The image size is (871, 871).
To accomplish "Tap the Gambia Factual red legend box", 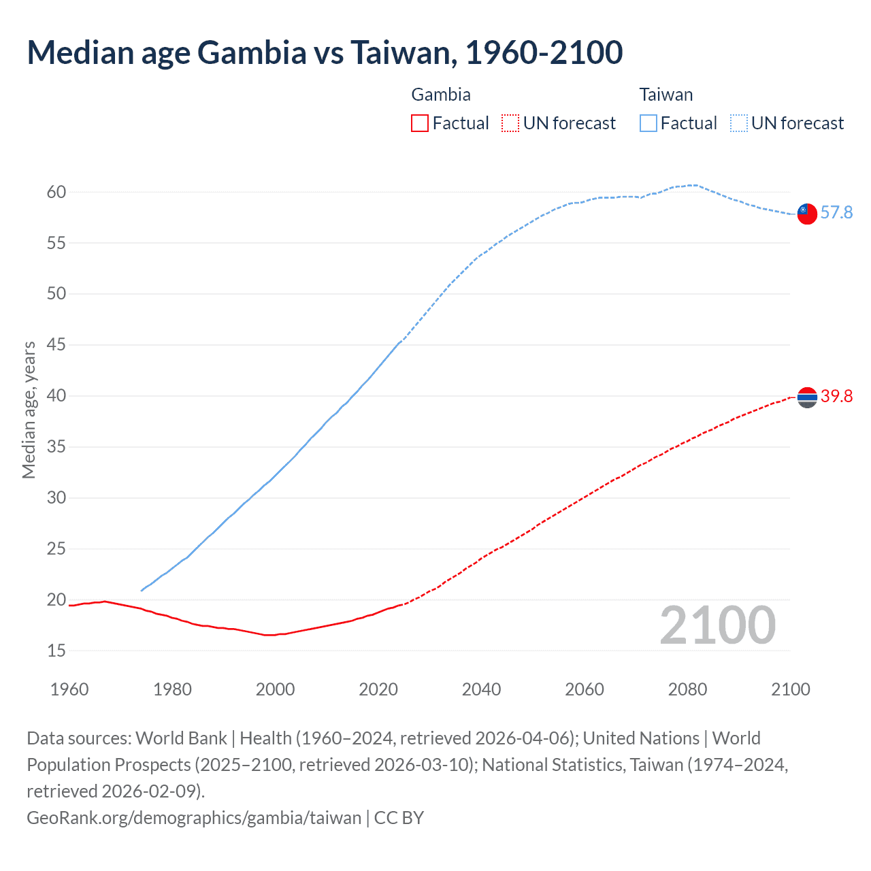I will click(420, 123).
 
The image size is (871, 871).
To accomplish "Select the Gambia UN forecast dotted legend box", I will click(510, 123).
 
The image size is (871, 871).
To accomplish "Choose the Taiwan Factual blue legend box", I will click(648, 123).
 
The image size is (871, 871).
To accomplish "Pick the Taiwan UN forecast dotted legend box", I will click(739, 123).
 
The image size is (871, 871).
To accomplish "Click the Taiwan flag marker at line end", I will click(807, 213).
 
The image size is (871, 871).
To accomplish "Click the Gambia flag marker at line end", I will click(807, 397).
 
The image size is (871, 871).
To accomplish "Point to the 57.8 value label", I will click(836, 213).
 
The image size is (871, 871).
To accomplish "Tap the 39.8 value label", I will click(836, 397).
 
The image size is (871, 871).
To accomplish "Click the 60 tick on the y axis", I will click(56, 193).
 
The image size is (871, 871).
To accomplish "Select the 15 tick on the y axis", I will click(56, 651).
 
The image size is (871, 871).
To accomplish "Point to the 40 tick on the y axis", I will click(56, 396).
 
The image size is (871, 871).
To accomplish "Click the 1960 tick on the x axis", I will click(69, 689).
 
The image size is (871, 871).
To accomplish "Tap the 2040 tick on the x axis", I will click(481, 689).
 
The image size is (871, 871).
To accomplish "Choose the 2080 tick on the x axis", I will click(687, 689).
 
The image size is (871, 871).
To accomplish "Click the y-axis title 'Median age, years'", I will click(29, 410).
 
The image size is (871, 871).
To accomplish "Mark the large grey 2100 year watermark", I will click(717, 625).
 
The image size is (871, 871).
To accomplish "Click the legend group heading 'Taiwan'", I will click(665, 95).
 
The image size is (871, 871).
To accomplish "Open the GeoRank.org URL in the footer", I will click(194, 817).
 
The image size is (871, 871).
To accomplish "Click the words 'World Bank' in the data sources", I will click(181, 738).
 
